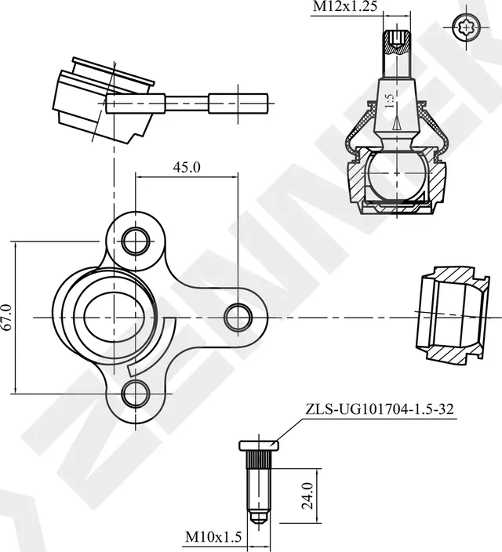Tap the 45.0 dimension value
pyautogui.click(x=187, y=166)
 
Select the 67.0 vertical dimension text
pyautogui.click(x=8, y=318)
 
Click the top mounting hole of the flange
pyautogui.click(x=136, y=239)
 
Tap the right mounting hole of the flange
pyautogui.click(x=238, y=318)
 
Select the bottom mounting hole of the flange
pyautogui.click(x=136, y=391)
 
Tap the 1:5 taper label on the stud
pyautogui.click(x=388, y=102)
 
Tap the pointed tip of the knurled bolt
pyautogui.click(x=258, y=520)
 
